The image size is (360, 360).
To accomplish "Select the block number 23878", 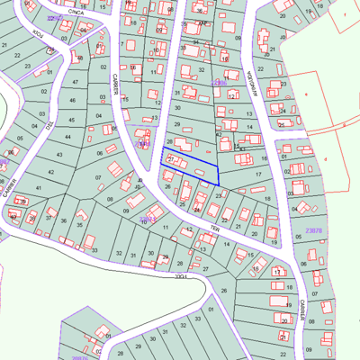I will (x=313, y=231).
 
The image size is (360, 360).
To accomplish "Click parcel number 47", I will (x=76, y=82).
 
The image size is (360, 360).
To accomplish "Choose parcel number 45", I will (x=70, y=118).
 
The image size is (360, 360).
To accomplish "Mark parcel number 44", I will (x=67, y=137).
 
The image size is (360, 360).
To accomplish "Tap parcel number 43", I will (x=58, y=155).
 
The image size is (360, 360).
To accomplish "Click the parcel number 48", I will (x=79, y=58).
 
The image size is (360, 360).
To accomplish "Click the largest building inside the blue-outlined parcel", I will (x=178, y=163).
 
